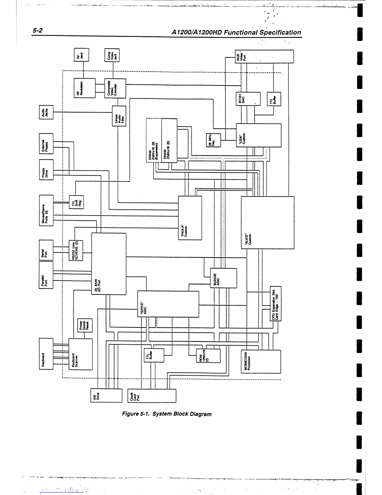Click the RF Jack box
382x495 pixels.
(x=81, y=55)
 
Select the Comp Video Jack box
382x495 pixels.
(x=112, y=55)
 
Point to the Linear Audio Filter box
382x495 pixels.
(x=119, y=116)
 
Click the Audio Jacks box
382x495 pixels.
(x=46, y=112)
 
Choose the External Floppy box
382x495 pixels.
(x=46, y=145)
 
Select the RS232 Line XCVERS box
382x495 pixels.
(x=76, y=250)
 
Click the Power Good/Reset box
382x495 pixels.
(x=85, y=325)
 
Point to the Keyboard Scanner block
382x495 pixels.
(x=81, y=354)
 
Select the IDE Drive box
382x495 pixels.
(x=106, y=396)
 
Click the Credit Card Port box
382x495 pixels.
(x=152, y=396)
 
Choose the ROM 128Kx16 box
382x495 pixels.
(x=208, y=356)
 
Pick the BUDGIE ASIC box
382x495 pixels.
(x=223, y=278)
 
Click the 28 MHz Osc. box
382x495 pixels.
(x=213, y=140)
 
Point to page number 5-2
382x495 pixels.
(x=37, y=31)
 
